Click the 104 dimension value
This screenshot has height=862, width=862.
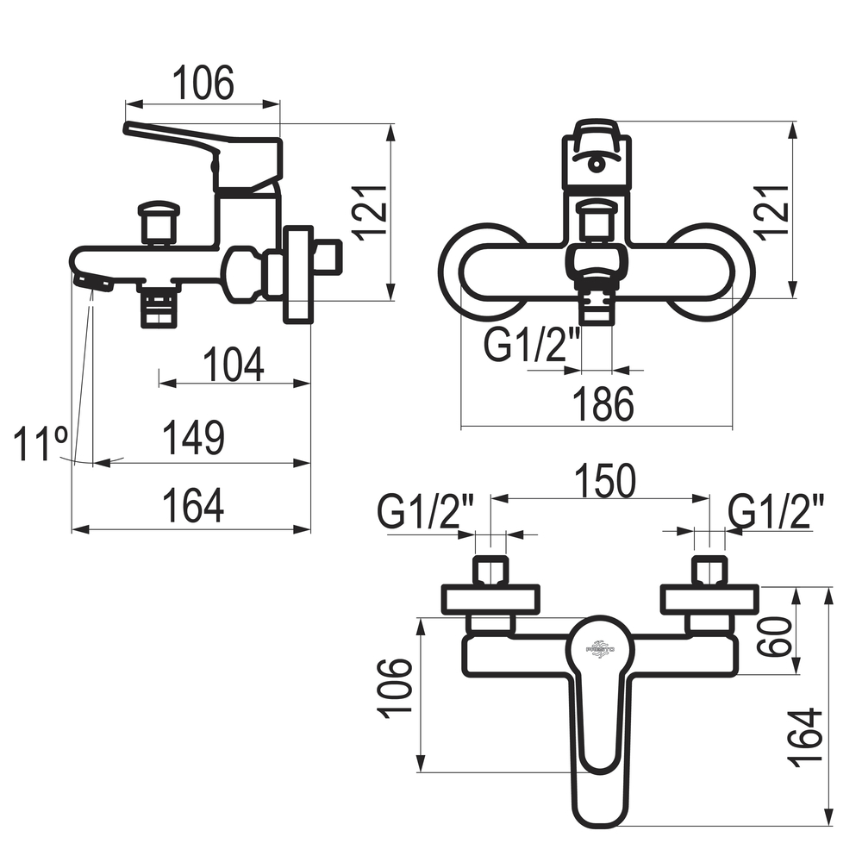234,364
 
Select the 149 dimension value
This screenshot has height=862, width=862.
193,438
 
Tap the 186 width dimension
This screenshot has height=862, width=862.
603,404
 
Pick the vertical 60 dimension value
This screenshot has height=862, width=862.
774,637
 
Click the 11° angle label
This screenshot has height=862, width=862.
41,443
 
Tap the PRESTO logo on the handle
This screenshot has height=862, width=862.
600,649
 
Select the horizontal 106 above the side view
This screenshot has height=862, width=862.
203,83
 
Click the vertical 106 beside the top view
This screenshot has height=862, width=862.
394,688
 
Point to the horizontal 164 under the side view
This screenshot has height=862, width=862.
193,505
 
